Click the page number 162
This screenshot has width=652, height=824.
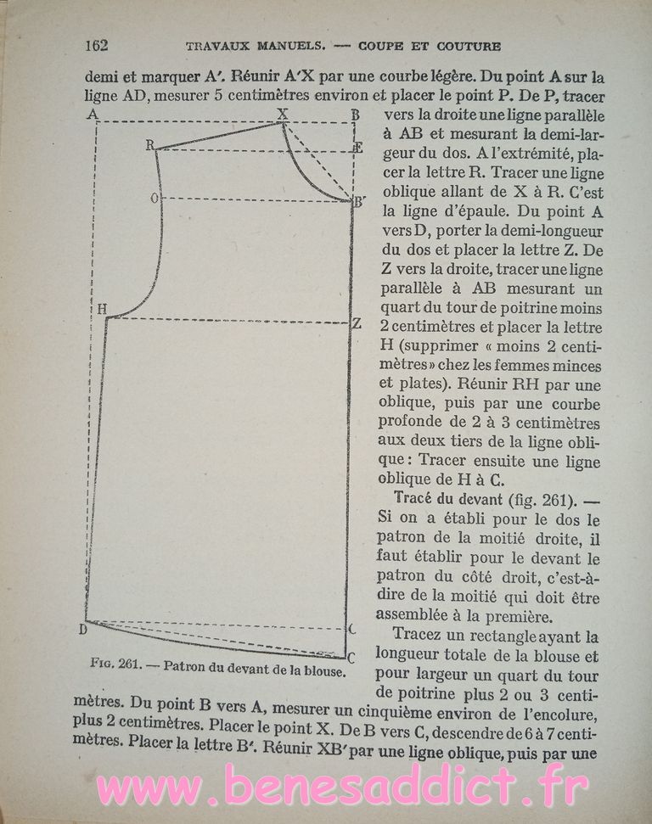[x=96, y=45]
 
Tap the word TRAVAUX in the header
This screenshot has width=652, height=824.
[x=216, y=46]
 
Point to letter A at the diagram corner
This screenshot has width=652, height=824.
[x=91, y=114]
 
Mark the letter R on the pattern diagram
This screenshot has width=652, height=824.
[x=149, y=145]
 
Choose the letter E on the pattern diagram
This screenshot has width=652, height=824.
[x=358, y=149]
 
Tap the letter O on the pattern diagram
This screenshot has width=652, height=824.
[x=155, y=199]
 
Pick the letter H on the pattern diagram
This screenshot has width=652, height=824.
[x=101, y=310]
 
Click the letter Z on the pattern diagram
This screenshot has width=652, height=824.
[x=357, y=322]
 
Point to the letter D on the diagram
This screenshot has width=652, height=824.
[x=83, y=629]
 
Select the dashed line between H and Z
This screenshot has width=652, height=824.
[x=229, y=320]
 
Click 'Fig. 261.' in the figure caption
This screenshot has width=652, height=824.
[x=117, y=664]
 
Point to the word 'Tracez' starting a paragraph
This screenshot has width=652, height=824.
[x=422, y=636]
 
